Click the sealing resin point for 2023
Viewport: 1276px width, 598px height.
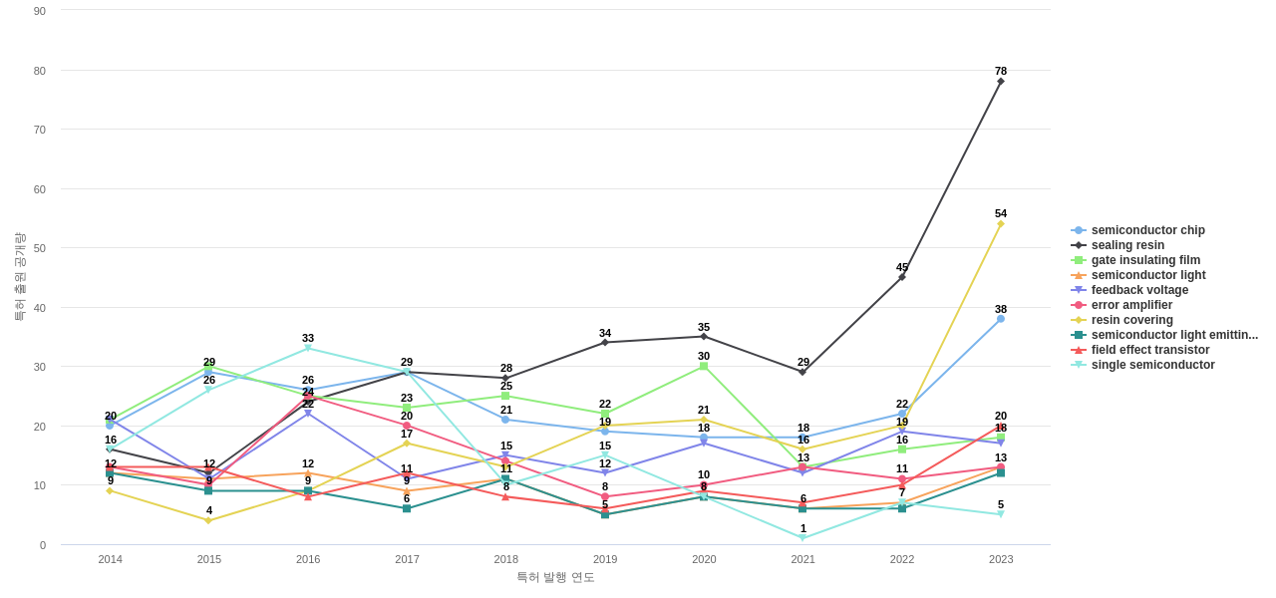[1001, 82]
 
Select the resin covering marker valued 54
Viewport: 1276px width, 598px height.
[1001, 224]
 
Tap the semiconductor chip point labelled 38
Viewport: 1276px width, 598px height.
[1001, 319]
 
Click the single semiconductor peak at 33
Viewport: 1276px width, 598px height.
[308, 349]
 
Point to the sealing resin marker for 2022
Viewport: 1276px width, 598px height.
[902, 277]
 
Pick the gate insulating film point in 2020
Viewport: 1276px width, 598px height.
[704, 366]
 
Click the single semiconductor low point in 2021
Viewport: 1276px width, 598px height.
[802, 538]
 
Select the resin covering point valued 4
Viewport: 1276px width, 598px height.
[209, 520]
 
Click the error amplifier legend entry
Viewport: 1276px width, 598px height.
[1131, 305]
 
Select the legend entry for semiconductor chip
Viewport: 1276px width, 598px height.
[1147, 230]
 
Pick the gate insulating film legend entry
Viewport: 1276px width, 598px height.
[1145, 260]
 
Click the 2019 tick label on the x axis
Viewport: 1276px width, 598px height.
[605, 559]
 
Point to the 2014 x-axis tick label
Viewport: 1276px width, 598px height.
[111, 559]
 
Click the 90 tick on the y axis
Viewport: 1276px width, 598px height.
[40, 11]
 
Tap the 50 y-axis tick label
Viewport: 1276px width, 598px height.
[40, 248]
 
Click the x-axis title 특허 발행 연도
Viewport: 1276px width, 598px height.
[555, 577]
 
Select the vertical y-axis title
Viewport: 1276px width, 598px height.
[19, 277]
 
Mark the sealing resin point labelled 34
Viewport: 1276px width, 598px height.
[605, 343]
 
